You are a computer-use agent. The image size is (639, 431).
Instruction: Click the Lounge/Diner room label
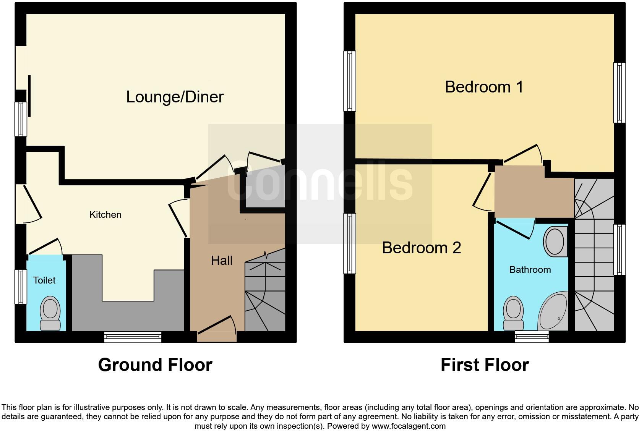point(175,97)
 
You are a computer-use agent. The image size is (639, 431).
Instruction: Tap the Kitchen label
point(105,215)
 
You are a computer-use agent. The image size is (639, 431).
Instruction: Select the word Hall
point(222,261)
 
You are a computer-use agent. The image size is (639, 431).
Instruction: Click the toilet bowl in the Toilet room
point(50,310)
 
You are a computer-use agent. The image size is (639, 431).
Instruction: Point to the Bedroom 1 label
point(484,87)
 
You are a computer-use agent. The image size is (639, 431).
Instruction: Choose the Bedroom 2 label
point(421,248)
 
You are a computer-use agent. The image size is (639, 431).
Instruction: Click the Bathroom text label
point(530,270)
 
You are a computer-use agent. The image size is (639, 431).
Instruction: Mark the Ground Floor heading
point(155,365)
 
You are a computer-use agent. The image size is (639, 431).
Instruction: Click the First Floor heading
point(485,365)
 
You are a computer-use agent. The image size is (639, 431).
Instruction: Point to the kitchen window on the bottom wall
point(133,337)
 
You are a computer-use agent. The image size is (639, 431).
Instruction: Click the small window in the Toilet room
point(21,287)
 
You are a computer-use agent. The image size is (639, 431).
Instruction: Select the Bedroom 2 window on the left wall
point(349,243)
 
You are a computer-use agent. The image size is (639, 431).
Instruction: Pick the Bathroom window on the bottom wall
point(532,336)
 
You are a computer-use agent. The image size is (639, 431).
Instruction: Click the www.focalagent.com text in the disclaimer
point(408,426)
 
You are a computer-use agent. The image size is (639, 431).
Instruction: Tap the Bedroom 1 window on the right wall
point(619,93)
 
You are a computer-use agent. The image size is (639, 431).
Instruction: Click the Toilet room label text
point(44,280)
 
